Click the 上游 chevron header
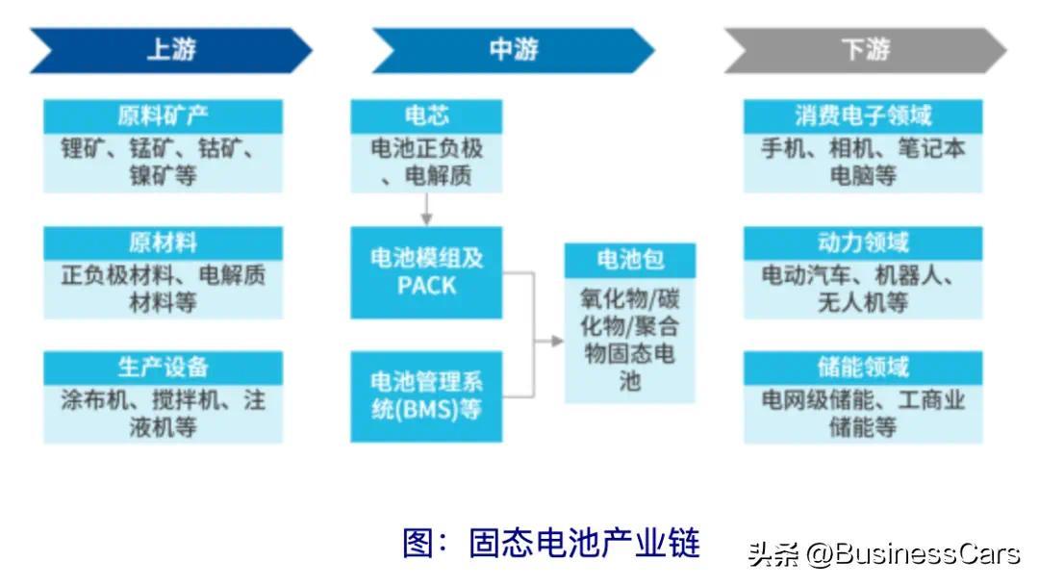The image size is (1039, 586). click(171, 50)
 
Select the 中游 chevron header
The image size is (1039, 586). click(513, 50)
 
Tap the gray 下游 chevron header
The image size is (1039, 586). click(865, 50)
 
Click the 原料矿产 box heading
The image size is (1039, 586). click(163, 116)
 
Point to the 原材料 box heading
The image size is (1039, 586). click(163, 242)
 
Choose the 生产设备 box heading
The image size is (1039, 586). click(163, 367)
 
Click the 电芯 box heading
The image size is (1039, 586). click(426, 116)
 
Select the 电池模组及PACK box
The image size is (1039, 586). click(426, 272)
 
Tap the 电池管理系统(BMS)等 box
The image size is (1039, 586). click(426, 395)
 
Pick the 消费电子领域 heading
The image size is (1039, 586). click(863, 116)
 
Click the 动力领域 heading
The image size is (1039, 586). click(863, 242)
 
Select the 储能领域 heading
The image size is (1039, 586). click(863, 367)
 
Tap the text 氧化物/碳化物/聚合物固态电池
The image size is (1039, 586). click(629, 340)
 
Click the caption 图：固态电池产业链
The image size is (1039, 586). click(550, 543)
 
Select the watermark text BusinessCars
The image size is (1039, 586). click(925, 554)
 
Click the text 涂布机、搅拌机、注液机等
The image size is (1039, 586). click(163, 413)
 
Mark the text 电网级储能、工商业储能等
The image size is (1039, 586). click(863, 413)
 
